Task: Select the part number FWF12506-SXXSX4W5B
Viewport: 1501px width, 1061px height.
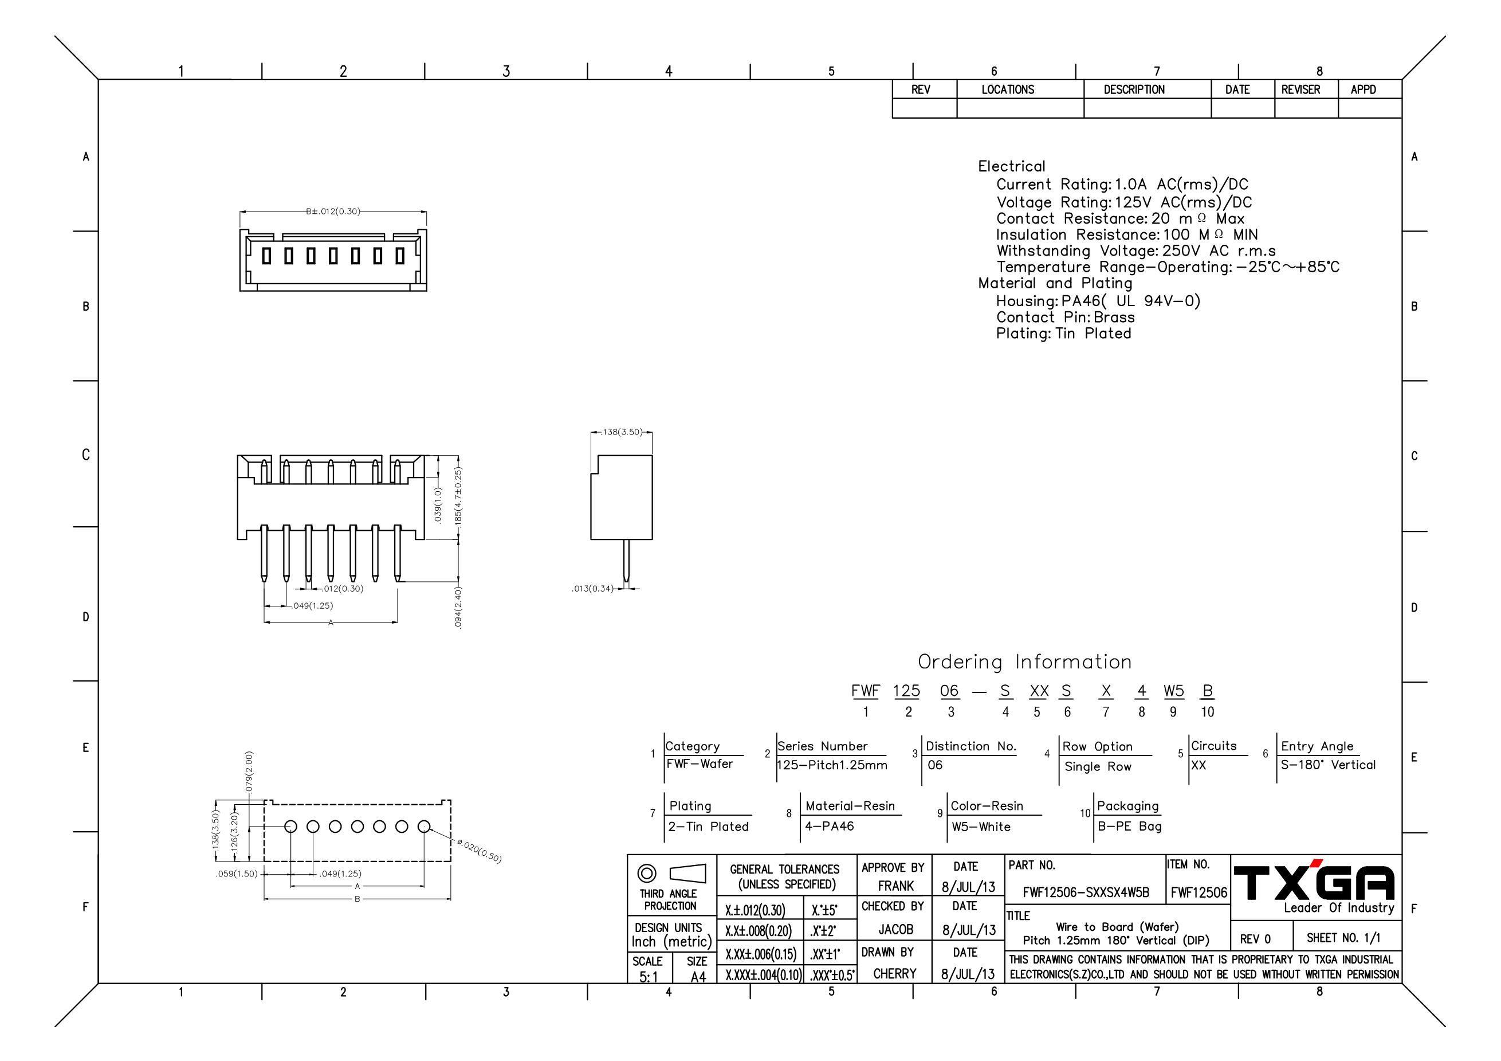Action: point(1086,893)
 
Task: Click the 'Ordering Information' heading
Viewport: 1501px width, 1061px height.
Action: point(1024,662)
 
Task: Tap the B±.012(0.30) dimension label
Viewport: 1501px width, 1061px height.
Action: point(333,212)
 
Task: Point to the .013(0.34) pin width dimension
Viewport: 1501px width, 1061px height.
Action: point(592,589)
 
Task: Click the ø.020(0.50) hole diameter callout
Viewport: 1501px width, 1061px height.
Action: point(479,851)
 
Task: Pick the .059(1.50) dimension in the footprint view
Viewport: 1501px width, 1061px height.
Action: point(237,874)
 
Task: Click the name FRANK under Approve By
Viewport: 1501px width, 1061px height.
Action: point(895,886)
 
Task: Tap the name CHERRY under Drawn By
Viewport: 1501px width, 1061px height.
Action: point(895,974)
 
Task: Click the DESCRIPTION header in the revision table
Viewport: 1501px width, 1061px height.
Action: point(1134,89)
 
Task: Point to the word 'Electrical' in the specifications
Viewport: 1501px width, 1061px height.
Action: point(1011,166)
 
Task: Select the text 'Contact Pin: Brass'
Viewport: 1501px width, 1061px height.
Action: point(1066,317)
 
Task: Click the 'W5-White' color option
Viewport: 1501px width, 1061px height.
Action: point(981,827)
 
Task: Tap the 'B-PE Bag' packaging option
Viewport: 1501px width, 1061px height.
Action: point(1130,827)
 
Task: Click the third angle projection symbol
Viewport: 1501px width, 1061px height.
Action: point(671,874)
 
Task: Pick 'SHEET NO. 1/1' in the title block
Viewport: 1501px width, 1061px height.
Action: point(1343,938)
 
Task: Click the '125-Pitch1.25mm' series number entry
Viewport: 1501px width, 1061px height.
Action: point(832,765)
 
